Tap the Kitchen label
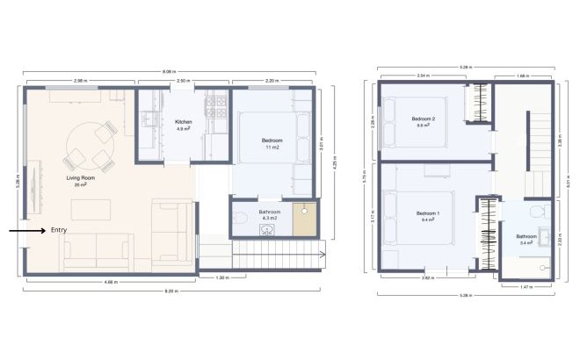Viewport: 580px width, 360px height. [183, 122]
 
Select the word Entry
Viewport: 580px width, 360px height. [59, 230]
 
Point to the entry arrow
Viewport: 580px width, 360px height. [26, 231]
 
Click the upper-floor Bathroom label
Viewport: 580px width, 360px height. [526, 236]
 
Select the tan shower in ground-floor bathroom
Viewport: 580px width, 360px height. [305, 219]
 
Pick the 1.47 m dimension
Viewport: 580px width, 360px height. [527, 286]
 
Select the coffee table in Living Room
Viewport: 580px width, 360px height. [90, 209]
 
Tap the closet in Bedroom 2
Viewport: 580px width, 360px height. [476, 104]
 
